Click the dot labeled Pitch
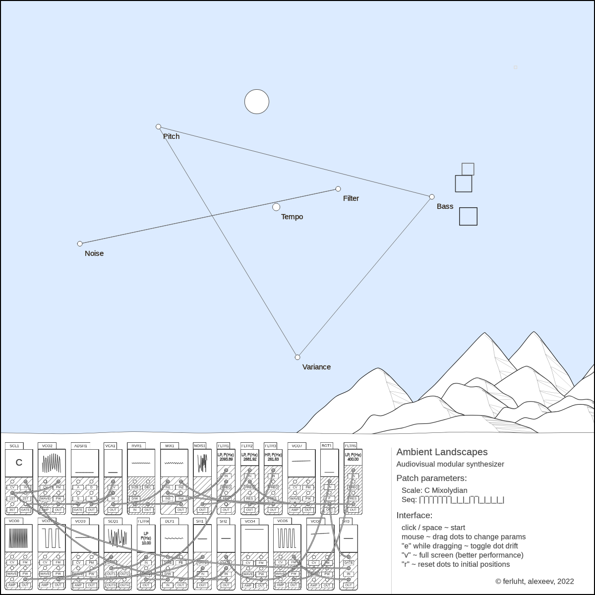tap(159, 127)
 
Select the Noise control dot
tap(80, 244)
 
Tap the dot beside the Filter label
tap(338, 189)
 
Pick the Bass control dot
tap(432, 197)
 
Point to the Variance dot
tap(297, 357)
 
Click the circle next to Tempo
tap(276, 207)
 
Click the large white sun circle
tap(257, 102)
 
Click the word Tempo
tap(292, 217)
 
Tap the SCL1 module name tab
tap(14, 446)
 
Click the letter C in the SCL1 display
tap(19, 463)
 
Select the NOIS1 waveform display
tap(202, 463)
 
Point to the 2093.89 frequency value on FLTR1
tap(226, 460)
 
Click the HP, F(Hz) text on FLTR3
tap(273, 455)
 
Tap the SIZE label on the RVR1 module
tap(135, 487)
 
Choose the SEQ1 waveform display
tap(118, 538)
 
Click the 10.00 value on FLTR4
tap(146, 543)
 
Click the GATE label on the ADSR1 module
tap(78, 510)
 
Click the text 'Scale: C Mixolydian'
tap(434, 490)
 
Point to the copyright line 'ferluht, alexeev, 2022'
tap(535, 581)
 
